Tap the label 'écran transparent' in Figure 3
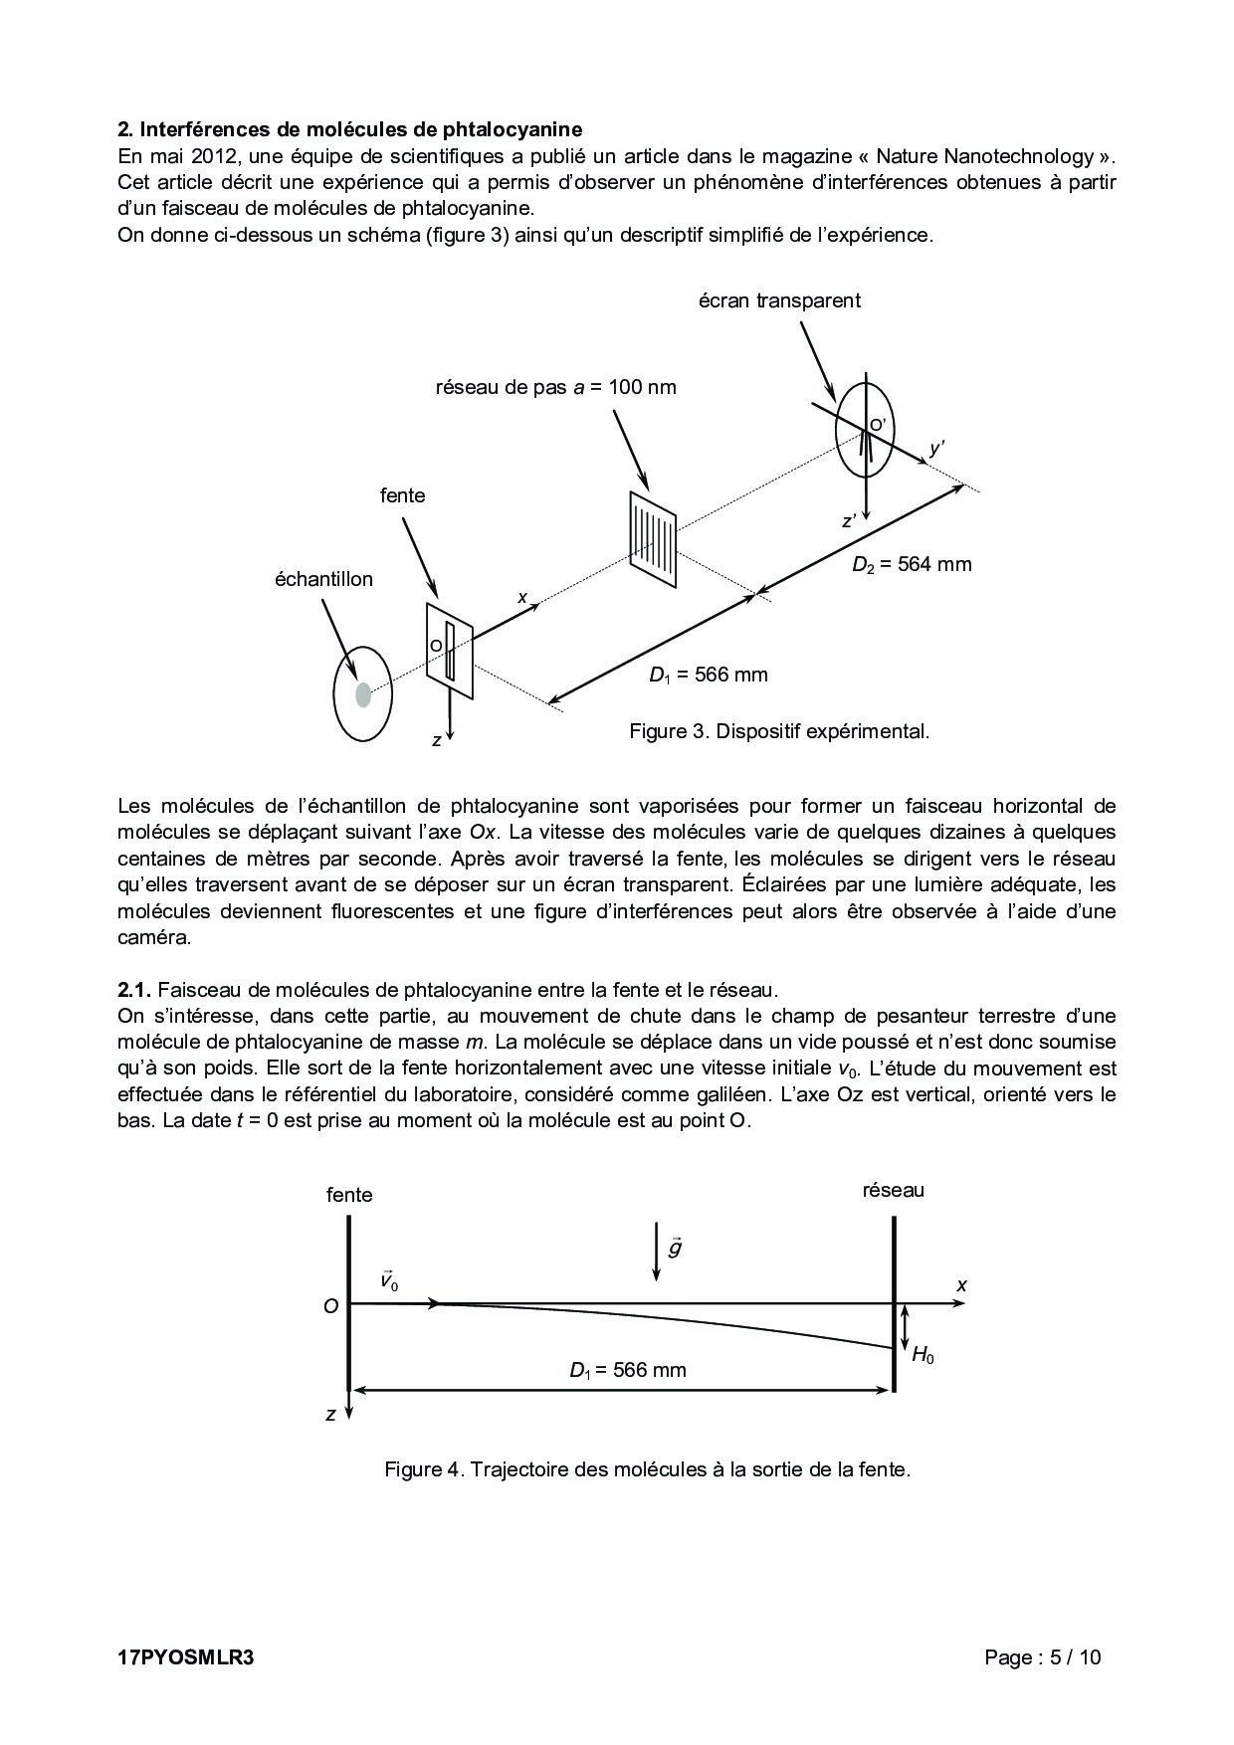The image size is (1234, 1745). (x=779, y=300)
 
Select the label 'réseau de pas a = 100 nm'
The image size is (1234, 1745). (x=555, y=387)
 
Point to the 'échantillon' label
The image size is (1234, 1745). (x=323, y=579)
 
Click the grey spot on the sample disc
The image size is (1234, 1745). (x=363, y=694)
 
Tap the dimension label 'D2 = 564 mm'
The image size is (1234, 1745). (x=911, y=564)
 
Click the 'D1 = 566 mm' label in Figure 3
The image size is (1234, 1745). (x=708, y=675)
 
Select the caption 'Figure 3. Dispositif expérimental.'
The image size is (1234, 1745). (x=779, y=731)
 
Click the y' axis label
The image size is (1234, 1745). (x=935, y=449)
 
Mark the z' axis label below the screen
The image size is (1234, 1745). (x=849, y=520)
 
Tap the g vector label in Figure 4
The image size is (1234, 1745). (x=675, y=1247)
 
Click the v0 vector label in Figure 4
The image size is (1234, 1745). (x=389, y=1281)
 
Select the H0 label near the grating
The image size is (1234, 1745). (x=923, y=1354)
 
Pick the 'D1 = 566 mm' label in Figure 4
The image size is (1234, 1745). (x=628, y=1370)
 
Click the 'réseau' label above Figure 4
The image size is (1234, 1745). (x=893, y=1190)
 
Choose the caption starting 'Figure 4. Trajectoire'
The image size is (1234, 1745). (x=648, y=1469)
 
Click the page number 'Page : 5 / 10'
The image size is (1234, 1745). (x=1042, y=1657)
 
